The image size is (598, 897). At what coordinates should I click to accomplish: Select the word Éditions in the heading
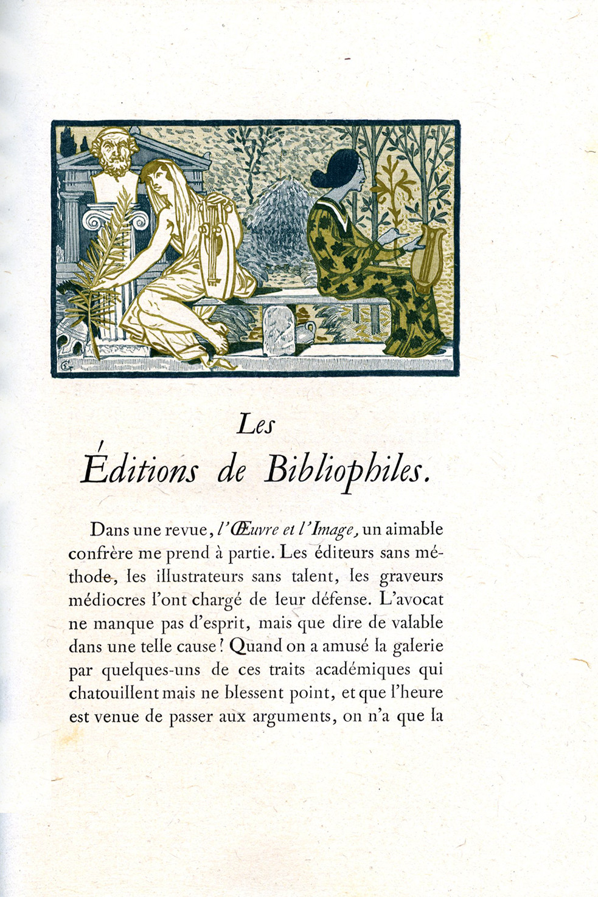(140, 470)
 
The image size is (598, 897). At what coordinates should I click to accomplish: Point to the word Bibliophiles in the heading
(347, 470)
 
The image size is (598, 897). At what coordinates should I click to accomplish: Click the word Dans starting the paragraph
(110, 529)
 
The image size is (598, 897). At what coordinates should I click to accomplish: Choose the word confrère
(99, 553)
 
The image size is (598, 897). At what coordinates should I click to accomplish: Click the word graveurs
(411, 576)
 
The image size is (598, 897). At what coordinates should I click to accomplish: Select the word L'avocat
(411, 599)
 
